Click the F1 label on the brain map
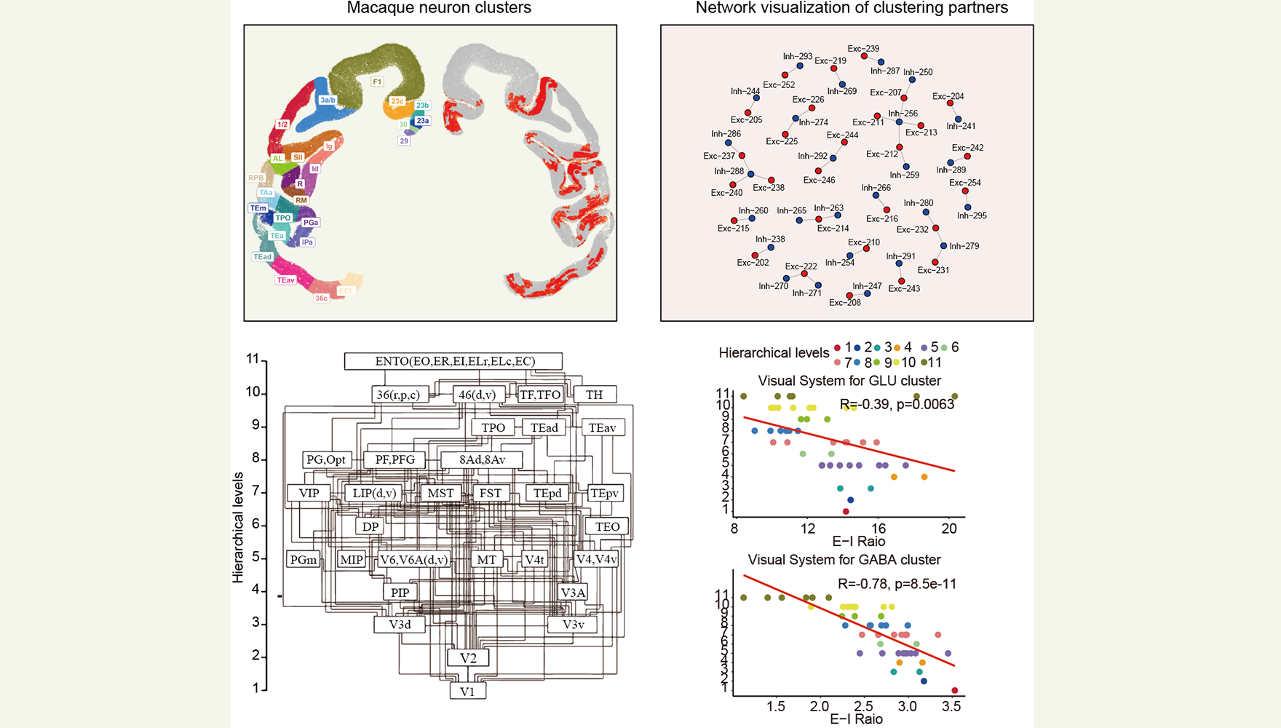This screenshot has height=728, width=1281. (x=377, y=82)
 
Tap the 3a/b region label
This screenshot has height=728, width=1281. (x=328, y=100)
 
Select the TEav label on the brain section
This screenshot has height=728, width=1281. (x=285, y=280)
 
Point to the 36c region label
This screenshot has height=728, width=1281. (x=321, y=298)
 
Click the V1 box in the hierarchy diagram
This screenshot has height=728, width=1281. (x=468, y=692)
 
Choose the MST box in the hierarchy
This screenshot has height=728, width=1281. (x=440, y=493)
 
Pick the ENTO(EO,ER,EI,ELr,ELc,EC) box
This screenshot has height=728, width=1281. (x=454, y=361)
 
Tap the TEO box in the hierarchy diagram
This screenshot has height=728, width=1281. (x=607, y=526)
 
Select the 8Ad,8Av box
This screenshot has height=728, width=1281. (x=482, y=459)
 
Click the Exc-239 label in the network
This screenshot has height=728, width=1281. (x=863, y=49)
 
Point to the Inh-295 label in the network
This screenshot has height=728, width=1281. (x=972, y=215)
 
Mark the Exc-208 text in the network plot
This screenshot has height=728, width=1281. (x=844, y=303)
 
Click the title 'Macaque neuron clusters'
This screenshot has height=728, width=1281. (x=439, y=8)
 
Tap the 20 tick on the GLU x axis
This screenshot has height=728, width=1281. (x=949, y=529)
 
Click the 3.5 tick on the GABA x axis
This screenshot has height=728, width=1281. (x=951, y=706)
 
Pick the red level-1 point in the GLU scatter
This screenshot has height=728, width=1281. (x=846, y=512)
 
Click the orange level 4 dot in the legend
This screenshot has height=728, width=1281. (x=897, y=348)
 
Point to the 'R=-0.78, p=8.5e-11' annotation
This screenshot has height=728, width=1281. (x=897, y=584)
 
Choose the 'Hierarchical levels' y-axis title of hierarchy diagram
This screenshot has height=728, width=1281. (x=238, y=527)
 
